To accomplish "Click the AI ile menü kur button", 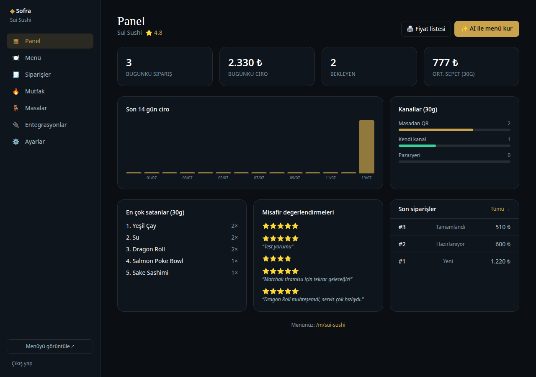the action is [487, 29].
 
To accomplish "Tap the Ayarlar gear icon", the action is [16, 142].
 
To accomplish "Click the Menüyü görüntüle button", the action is [50, 346].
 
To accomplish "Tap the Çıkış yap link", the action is [22, 363].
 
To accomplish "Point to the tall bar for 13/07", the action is [366, 147].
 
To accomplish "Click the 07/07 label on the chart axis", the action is [259, 178].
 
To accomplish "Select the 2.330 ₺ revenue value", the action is [245, 63].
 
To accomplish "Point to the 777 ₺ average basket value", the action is [445, 63].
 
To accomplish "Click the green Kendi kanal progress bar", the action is [417, 146].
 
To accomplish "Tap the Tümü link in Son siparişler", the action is [500, 209].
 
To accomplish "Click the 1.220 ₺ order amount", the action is [500, 261].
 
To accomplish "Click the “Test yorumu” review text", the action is [278, 247].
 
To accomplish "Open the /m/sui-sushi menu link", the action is [331, 325].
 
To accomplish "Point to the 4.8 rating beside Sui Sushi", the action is [158, 33].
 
